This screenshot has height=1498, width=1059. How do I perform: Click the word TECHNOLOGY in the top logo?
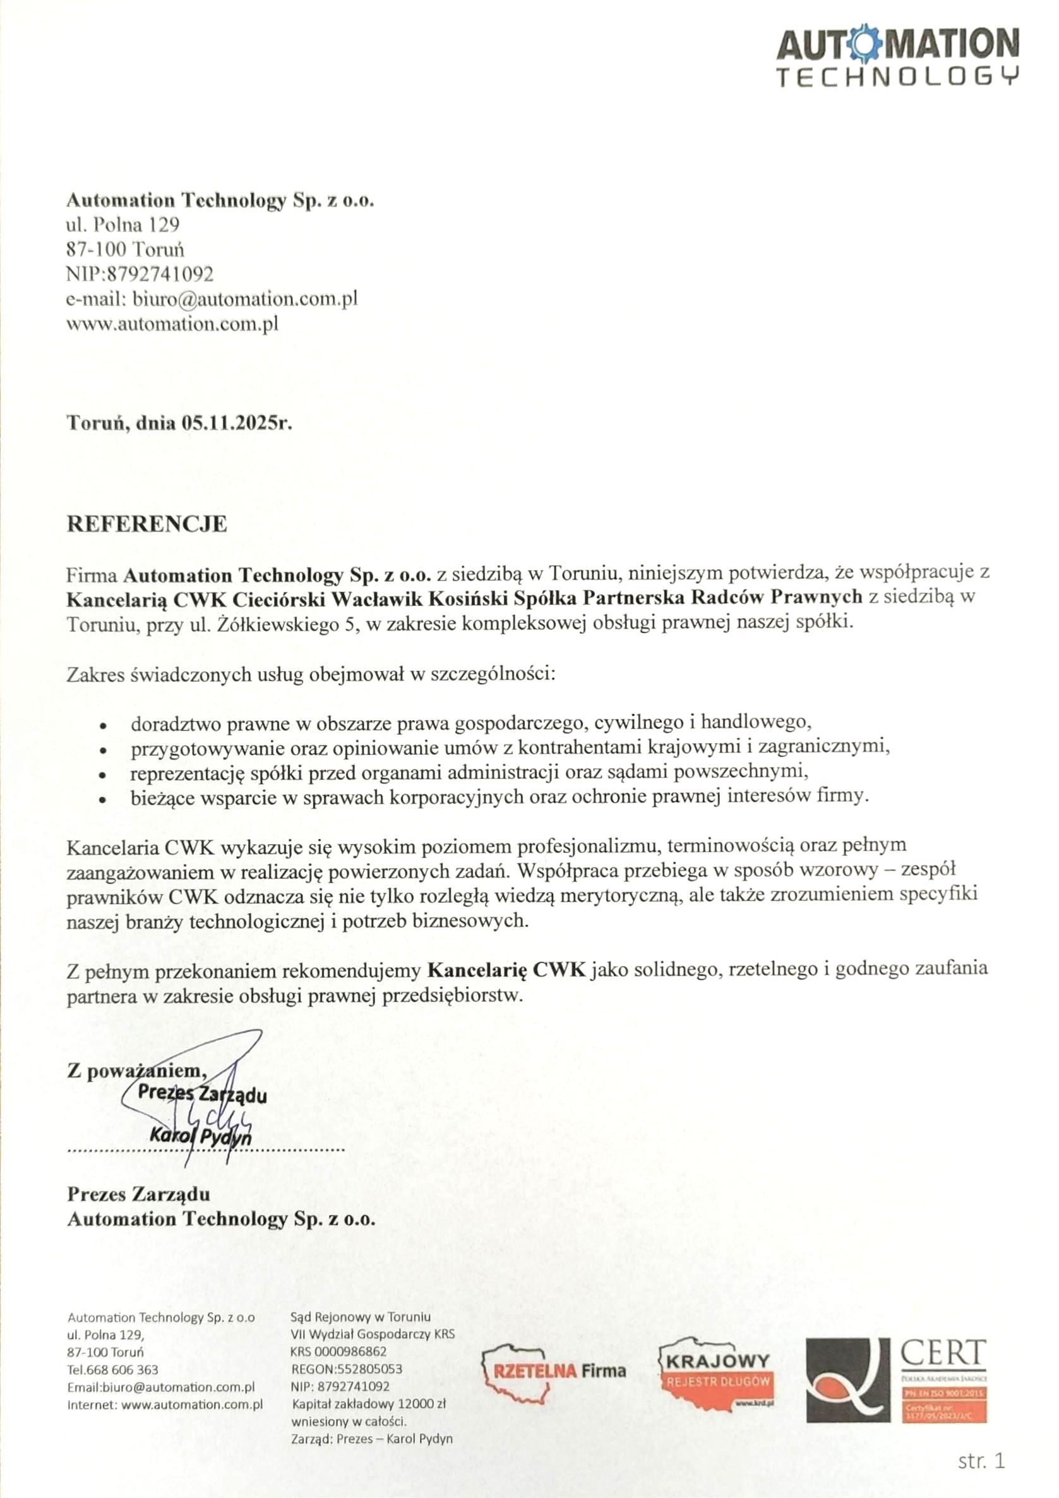[897, 77]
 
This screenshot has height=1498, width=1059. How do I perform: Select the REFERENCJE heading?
[147, 524]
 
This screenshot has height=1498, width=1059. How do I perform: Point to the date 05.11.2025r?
[237, 423]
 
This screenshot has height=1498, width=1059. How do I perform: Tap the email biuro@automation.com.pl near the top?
[245, 299]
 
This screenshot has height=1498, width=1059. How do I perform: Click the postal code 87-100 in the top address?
[97, 249]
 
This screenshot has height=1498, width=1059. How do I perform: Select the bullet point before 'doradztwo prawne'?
[103, 725]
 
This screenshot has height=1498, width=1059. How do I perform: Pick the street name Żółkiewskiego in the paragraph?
[272, 624]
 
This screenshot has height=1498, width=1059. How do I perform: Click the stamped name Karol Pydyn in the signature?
[200, 1136]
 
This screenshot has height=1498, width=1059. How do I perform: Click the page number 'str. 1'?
[981, 1461]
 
